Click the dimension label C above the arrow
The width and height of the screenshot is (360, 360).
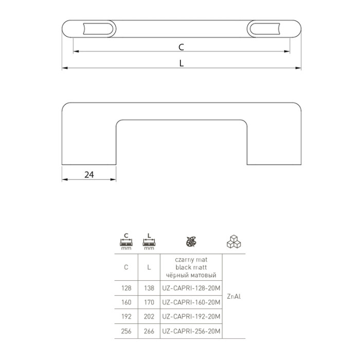181,47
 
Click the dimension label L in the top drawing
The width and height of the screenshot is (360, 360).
182,63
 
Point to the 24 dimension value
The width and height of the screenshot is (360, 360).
89,175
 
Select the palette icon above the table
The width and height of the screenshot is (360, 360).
191,242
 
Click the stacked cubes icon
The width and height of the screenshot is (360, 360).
233,242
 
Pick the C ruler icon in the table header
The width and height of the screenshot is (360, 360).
127,242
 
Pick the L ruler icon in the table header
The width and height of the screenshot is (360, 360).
149,242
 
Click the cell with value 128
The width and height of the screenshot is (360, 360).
127,288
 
